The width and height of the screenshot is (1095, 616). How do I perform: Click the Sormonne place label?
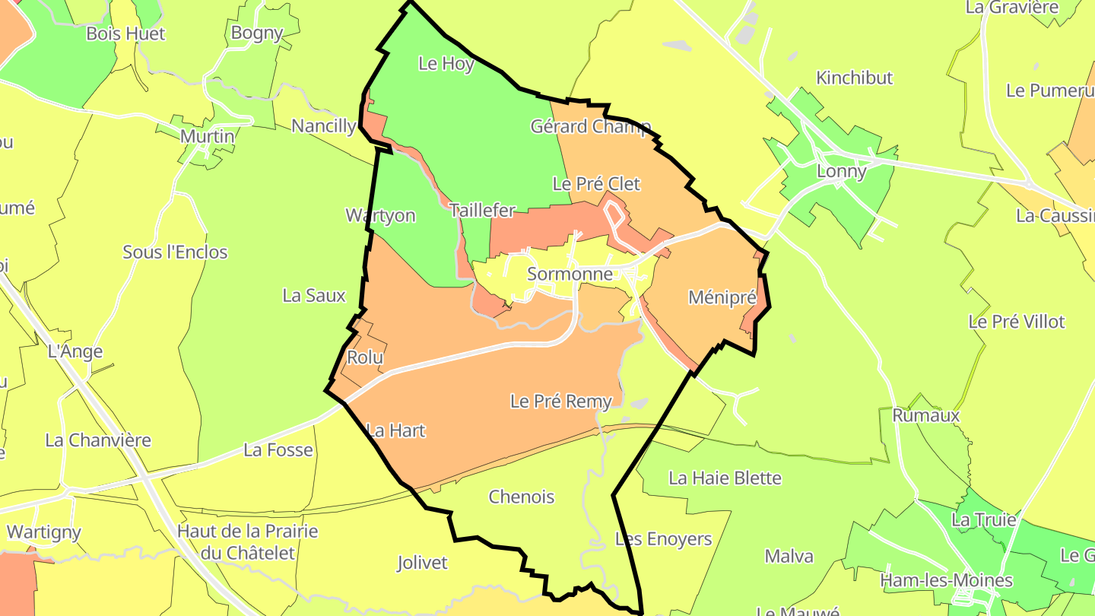pos(570,274)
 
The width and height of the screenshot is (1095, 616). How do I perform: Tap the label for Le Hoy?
pos(446,64)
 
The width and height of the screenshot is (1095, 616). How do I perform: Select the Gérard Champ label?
pos(590,126)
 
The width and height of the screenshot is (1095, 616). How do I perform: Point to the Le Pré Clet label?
pos(596,184)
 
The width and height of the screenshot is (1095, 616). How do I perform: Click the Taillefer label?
pos(482,211)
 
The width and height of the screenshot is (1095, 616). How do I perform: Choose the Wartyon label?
pos(380,215)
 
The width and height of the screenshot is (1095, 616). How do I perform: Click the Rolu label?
pos(365,357)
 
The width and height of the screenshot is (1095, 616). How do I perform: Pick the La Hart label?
pos(395,430)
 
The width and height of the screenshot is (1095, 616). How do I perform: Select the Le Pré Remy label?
pos(560,402)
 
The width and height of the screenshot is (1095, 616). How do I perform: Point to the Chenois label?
pos(522,497)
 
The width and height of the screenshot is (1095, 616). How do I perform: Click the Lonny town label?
pos(841,171)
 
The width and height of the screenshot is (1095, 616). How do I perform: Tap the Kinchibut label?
pos(854,78)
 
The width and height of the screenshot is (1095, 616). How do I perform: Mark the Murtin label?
pos(207,136)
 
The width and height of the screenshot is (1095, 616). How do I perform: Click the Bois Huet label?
pos(125,33)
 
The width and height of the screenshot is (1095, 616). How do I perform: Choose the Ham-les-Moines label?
pos(946,581)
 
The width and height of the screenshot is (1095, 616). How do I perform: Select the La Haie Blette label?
pos(725,478)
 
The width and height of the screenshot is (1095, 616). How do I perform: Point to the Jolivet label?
pos(422,564)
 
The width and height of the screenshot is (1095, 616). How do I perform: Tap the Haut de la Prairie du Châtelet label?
pos(247,541)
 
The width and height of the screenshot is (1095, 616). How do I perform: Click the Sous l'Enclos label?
pos(175,252)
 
